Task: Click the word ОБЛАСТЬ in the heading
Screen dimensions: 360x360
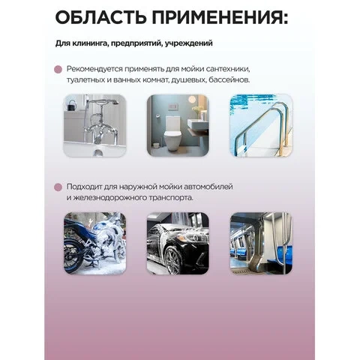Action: pyautogui.click(x=100, y=17)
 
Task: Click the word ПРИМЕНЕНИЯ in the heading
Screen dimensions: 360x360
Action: pyautogui.click(x=220, y=17)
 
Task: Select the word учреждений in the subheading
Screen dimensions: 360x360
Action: pyautogui.click(x=189, y=43)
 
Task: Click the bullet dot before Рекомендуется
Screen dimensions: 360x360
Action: pyautogui.click(x=58, y=69)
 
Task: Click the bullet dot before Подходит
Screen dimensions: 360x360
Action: pyautogui.click(x=58, y=187)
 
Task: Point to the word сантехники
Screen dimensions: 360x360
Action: pyautogui.click(x=228, y=69)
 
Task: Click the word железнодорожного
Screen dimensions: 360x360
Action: pyautogui.click(x=109, y=198)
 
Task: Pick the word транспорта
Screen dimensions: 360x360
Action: pyautogui.click(x=171, y=198)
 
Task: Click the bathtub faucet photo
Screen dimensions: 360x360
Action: pyautogui.click(x=94, y=125)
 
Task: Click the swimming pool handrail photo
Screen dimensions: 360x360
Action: pyautogui.click(x=261, y=125)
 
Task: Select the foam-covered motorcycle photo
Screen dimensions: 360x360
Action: pyautogui.click(x=94, y=243)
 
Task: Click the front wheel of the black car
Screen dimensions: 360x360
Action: pyautogui.click(x=173, y=259)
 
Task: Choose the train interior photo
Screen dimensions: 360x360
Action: pyautogui.click(x=261, y=243)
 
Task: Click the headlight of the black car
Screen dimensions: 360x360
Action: pyautogui.click(x=195, y=237)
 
